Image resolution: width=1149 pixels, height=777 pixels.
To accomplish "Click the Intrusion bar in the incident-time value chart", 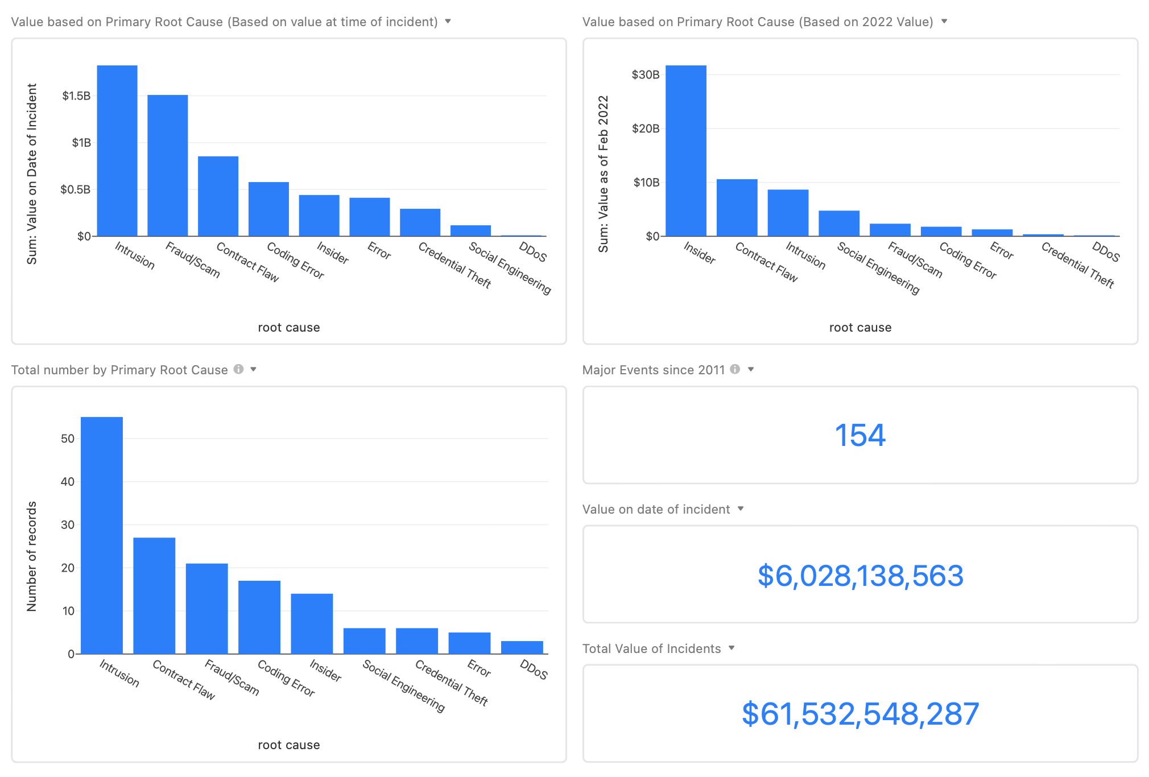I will coord(117,151).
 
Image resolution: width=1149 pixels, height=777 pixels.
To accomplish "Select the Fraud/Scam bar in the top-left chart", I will coord(167,166).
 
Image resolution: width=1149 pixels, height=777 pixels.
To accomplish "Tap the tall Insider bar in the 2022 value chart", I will coord(686,151).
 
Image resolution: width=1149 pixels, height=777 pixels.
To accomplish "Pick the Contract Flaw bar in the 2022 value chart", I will coord(737,208).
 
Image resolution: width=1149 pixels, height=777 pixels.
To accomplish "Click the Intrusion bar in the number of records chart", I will coord(102,535).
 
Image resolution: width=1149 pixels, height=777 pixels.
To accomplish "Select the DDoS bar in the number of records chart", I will coord(522,647).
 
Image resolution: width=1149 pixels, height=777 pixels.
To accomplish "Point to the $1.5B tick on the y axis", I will coord(76,96).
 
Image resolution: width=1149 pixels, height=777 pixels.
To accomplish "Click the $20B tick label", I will coord(646,129).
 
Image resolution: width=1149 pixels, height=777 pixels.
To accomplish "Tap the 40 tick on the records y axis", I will coord(68,482).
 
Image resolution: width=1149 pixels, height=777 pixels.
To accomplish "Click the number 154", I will coord(859,435).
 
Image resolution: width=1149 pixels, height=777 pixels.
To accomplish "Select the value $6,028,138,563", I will coord(860,576).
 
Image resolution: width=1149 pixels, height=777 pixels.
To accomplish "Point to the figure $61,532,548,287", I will coord(860,714).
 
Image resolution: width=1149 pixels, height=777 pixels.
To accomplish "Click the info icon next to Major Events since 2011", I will coord(735,369).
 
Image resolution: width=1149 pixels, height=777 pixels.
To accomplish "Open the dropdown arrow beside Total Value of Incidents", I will coord(731,648).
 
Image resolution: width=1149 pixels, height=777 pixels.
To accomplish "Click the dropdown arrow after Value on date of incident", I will coord(741,509).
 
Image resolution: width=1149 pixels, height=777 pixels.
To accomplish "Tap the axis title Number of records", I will coord(32,556).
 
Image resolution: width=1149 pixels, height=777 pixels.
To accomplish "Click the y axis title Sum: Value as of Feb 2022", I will coord(603,173).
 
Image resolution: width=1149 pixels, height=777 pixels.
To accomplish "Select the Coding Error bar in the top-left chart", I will coord(268,209).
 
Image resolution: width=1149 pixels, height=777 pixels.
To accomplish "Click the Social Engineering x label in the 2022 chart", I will coord(878,268).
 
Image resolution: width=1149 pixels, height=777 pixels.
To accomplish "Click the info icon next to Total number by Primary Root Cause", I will coord(238,369).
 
